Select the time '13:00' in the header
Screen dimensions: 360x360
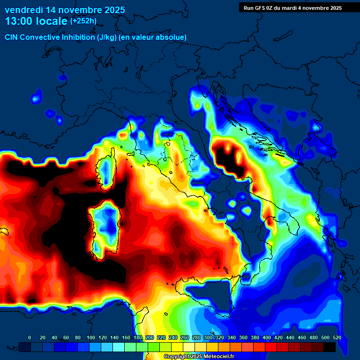[x=19, y=21]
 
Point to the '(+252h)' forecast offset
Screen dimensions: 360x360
[x=83, y=21]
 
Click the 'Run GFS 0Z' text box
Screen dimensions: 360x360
[x=292, y=8]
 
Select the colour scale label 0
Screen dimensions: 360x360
[x=30, y=337]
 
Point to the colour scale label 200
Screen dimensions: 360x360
[x=150, y=337]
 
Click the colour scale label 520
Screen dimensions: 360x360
[x=337, y=337]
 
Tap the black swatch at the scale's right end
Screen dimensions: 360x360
[x=330, y=347]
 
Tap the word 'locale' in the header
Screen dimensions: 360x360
[x=52, y=21]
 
